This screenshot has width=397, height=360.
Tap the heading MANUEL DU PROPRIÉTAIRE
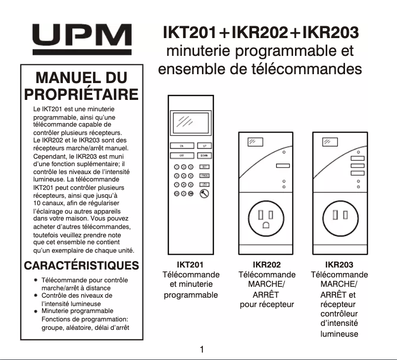[81, 86]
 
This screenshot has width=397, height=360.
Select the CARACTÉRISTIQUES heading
[81, 265]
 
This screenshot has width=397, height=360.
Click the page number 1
[201, 350]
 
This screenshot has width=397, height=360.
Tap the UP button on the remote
[204, 146]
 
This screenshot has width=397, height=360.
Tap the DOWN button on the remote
[204, 155]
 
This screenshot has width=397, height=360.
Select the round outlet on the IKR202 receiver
[266, 218]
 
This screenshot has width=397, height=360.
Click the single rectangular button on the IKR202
[283, 166]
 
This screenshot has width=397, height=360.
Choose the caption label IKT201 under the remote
[190, 265]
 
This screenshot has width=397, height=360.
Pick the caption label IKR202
[266, 265]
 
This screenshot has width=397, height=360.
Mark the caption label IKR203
[339, 265]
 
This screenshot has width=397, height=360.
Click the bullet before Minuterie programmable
[36, 312]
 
